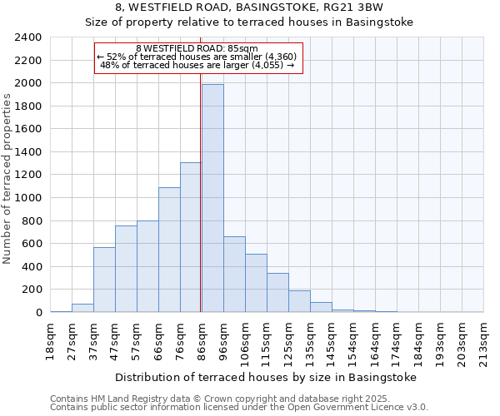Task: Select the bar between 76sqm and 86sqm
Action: tap(191, 237)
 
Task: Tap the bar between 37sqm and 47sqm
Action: tap(104, 280)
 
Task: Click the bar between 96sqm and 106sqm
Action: tap(234, 275)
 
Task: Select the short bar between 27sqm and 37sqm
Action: tap(82, 308)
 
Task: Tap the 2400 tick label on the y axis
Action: tap(28, 37)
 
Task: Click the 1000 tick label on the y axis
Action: tap(28, 198)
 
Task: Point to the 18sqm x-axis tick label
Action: tap(50, 338)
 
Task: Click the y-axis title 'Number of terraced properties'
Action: tap(7, 178)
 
